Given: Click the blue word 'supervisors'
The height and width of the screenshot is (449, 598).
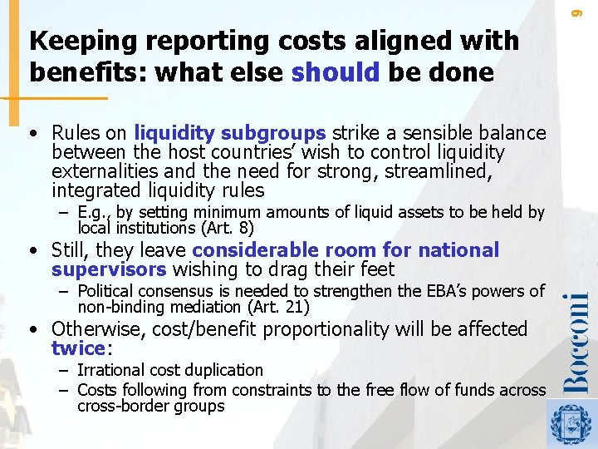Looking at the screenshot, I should (110, 269).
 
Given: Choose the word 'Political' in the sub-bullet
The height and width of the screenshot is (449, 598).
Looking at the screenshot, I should (108, 291).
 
